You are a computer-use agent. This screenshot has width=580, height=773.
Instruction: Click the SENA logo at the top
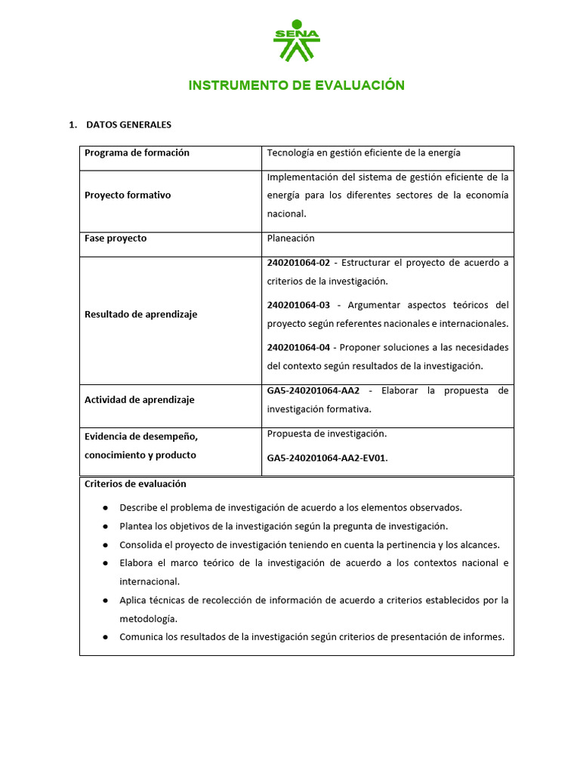(296, 42)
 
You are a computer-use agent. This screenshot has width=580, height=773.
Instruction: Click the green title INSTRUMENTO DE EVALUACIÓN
(296, 85)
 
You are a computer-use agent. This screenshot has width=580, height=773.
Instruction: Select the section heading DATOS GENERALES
(128, 125)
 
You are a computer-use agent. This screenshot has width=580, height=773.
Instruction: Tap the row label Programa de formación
(137, 153)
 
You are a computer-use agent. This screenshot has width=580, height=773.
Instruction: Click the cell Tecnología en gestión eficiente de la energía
(363, 153)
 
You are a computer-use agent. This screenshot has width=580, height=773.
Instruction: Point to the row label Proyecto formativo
(128, 196)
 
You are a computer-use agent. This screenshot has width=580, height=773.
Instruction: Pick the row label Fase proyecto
(116, 239)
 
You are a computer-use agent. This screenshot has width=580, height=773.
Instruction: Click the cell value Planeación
(291, 239)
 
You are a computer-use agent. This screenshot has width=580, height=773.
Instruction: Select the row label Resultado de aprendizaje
(140, 314)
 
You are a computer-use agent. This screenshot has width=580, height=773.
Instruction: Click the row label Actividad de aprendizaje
(139, 400)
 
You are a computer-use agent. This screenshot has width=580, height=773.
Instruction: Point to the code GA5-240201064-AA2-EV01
(326, 457)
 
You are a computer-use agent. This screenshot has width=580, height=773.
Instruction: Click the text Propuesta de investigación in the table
(326, 434)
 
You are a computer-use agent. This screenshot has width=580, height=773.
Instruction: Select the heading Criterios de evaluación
(135, 484)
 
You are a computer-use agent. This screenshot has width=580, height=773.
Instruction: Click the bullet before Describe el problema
(105, 508)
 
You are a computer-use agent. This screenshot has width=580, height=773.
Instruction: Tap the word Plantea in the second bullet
(137, 526)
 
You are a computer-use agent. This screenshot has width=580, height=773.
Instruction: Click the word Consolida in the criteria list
(141, 545)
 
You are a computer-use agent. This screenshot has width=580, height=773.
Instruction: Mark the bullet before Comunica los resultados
(105, 637)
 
